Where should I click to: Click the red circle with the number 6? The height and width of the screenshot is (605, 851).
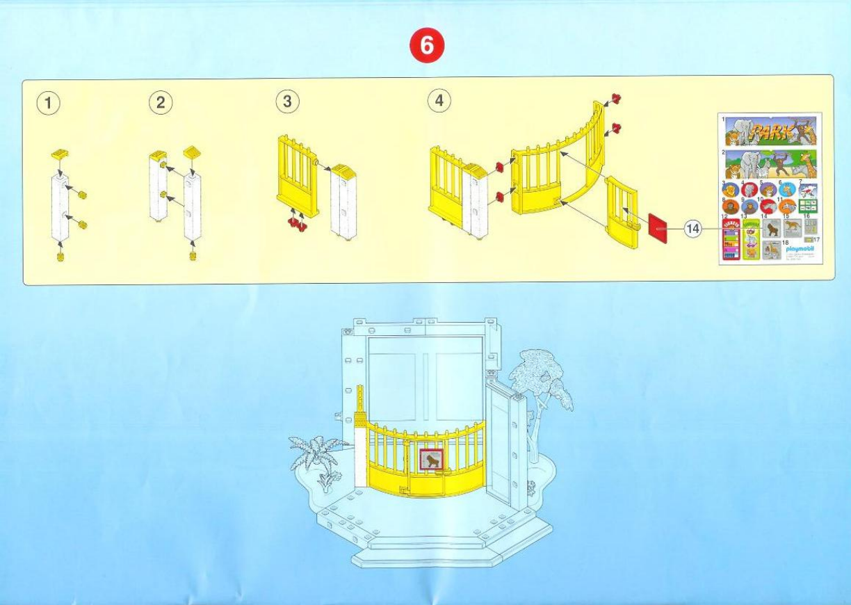coord(426,47)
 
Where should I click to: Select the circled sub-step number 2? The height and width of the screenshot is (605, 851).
coord(161,102)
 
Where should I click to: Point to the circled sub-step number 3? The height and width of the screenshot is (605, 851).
coord(287,102)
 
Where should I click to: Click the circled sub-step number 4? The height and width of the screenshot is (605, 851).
coord(439,101)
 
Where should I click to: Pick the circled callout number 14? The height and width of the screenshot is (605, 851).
coord(692,227)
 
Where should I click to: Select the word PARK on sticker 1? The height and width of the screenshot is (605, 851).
coord(770,131)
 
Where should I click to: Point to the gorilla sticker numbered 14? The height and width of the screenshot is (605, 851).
coord(772,228)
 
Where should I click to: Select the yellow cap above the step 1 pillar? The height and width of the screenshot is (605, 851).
coord(60,152)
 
